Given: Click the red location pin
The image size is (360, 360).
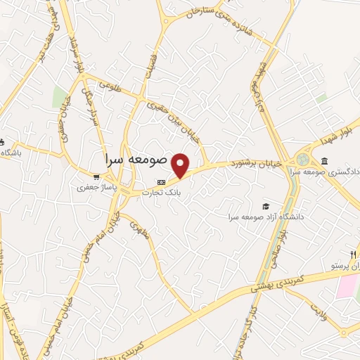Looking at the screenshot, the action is pyautogui.click(x=182, y=165).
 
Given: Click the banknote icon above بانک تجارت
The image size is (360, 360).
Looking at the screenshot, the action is pyautogui.click(x=162, y=182).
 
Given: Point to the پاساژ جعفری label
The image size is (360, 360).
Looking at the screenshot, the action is pyautogui.click(x=94, y=188).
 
